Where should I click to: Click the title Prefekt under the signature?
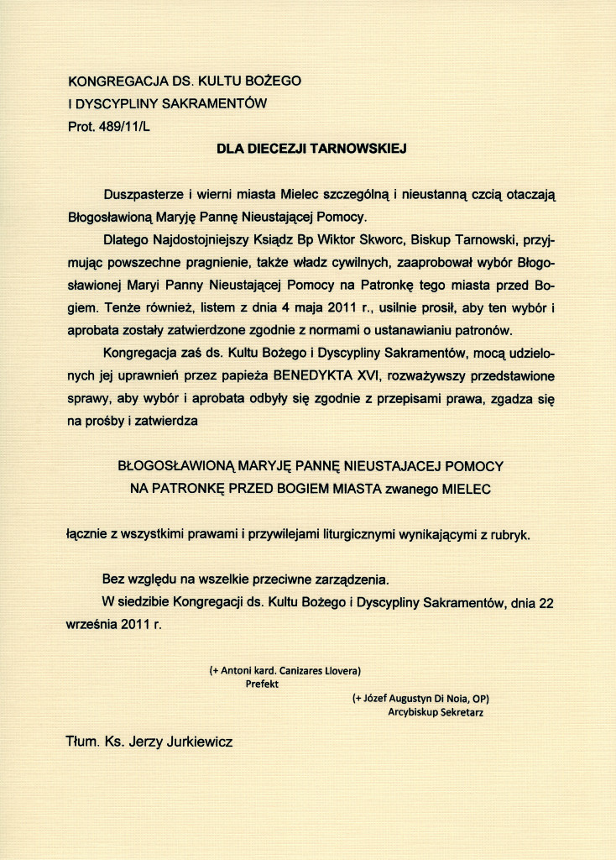tap(261, 684)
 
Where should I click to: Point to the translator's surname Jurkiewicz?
tap(196, 742)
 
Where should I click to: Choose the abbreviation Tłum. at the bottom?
tap(81, 742)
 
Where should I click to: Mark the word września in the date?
tap(92, 625)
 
